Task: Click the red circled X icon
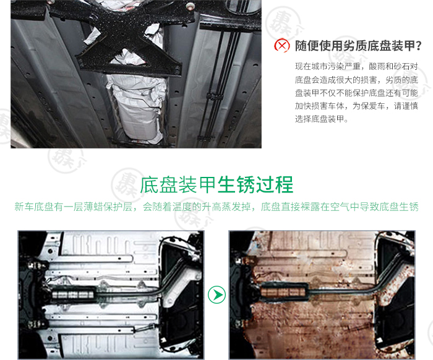(281, 46)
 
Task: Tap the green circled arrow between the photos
(216, 294)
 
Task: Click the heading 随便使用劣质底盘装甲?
(358, 46)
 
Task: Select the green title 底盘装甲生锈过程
(216, 185)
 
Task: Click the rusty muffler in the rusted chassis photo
(283, 292)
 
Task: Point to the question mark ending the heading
(418, 46)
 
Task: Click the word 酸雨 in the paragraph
(377, 66)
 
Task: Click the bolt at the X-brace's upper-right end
(190, 6)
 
